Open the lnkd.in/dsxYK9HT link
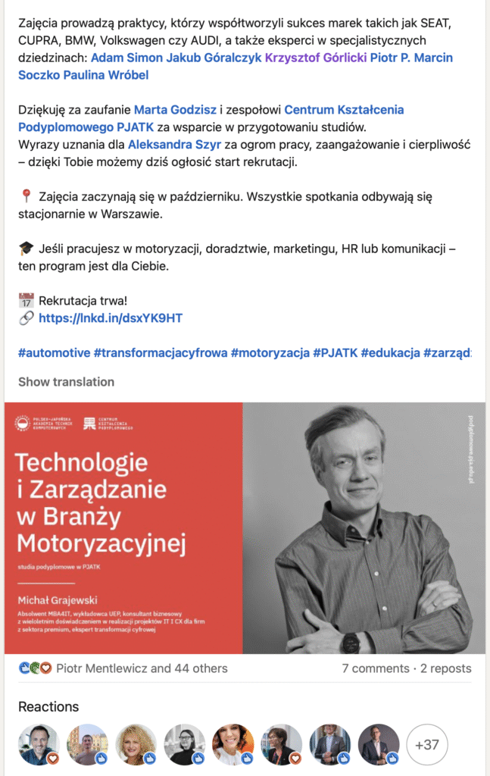point(111,318)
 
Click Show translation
point(66,382)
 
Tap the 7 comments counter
point(376,668)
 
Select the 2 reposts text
point(446,668)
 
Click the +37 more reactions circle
point(427,745)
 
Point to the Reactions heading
point(48,706)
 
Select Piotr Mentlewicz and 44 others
point(142,668)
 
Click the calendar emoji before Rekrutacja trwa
point(27,301)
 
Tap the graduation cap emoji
point(27,249)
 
